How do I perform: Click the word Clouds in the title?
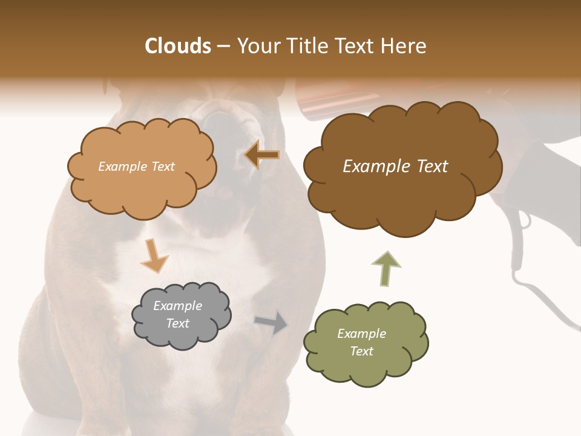(x=178, y=46)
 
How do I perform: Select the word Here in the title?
(x=405, y=46)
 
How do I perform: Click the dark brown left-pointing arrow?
(x=262, y=156)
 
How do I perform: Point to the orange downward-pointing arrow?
(x=154, y=255)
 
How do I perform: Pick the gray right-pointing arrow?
(x=271, y=323)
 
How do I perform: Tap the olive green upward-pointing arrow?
(x=386, y=269)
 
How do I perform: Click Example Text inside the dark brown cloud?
(x=395, y=167)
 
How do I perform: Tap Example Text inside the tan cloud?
(x=136, y=167)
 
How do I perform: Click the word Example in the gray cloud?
(x=177, y=306)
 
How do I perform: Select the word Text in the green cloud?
(x=361, y=351)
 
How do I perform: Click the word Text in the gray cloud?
(x=177, y=323)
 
